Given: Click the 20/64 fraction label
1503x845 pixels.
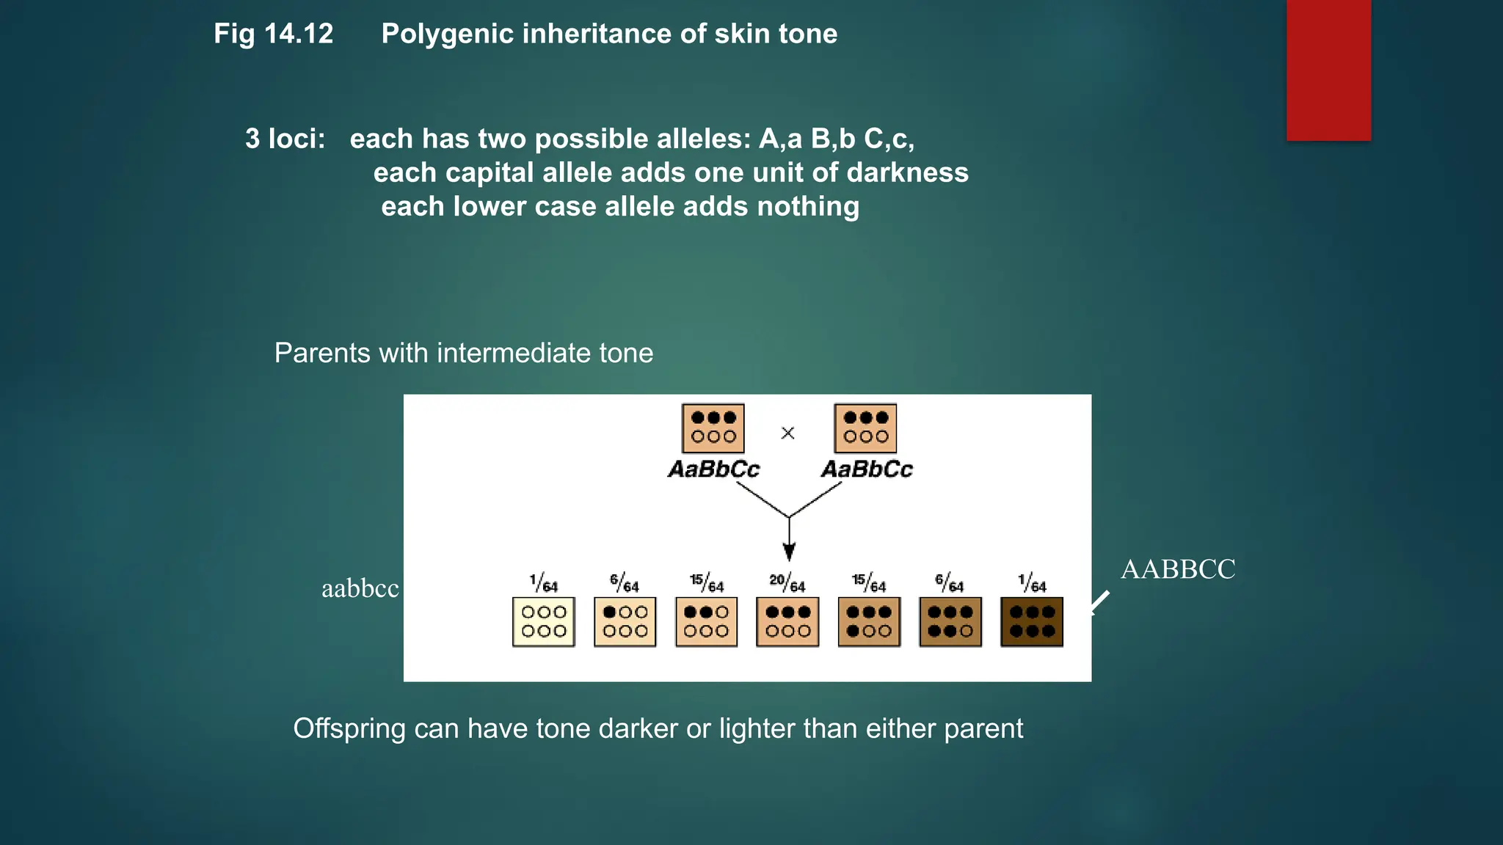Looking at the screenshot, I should [787, 584].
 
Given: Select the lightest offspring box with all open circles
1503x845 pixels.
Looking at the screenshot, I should [543, 621].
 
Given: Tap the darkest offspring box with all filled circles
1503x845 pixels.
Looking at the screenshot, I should [1031, 621].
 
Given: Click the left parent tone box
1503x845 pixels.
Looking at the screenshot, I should [713, 428].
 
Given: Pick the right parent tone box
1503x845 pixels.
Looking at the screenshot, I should [865, 428].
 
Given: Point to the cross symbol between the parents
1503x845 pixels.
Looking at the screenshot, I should [787, 433].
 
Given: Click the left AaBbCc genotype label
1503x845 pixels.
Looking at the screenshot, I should [713, 469].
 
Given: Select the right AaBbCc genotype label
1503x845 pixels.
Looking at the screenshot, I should [867, 469].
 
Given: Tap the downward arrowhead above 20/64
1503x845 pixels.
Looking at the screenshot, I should [789, 552].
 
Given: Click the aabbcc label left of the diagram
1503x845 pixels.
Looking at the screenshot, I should [360, 588].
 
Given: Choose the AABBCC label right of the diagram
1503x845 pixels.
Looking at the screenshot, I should [1178, 569].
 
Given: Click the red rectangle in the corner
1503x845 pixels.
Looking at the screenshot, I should [1328, 70].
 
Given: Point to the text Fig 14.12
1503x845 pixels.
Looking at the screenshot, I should [273, 34].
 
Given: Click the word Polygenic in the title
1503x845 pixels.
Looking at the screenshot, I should [448, 34].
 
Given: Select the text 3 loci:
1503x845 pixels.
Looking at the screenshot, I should [285, 139].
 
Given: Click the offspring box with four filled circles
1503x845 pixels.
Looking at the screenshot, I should [869, 621].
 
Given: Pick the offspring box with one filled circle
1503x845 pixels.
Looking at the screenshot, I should [625, 621].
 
